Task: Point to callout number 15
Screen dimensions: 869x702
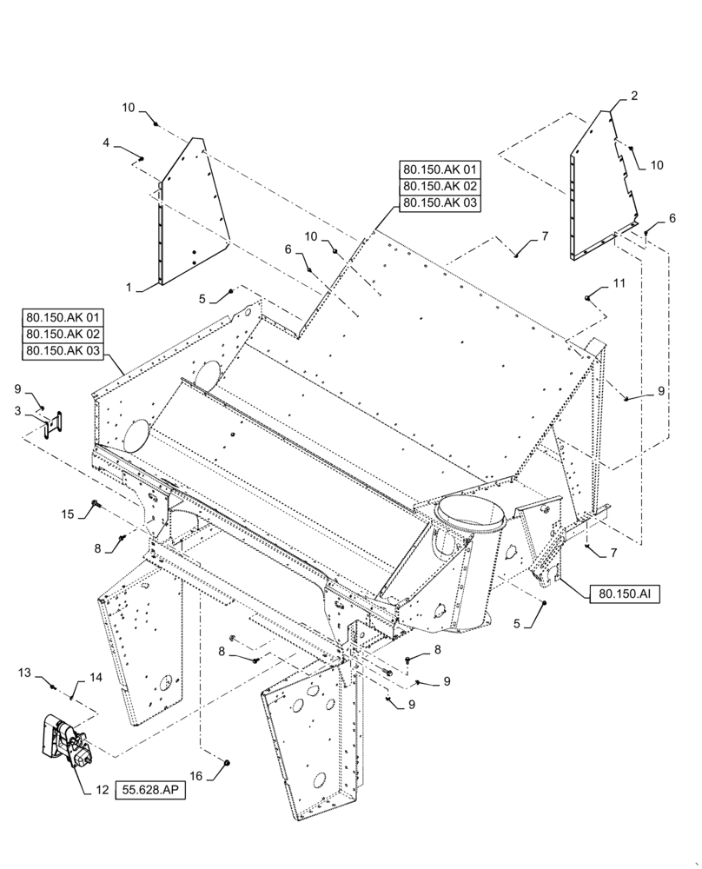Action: point(66,514)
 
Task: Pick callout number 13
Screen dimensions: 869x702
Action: point(25,673)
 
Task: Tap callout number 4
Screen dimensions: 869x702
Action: point(107,142)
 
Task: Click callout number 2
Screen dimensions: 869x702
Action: point(634,96)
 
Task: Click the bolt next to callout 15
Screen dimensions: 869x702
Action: point(95,503)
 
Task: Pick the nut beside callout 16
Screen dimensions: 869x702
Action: point(226,762)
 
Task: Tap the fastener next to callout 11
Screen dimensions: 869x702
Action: point(588,298)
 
